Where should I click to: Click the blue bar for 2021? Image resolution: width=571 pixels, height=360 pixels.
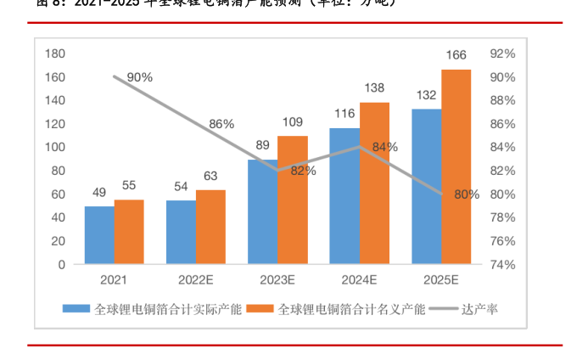[x=99, y=235]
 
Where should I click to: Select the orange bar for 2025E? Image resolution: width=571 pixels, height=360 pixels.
[x=456, y=166]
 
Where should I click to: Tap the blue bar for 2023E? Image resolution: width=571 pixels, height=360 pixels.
[x=263, y=212]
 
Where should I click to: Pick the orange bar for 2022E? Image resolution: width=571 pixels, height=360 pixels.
[x=210, y=227]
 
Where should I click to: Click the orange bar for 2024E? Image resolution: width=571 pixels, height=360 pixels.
[x=374, y=183]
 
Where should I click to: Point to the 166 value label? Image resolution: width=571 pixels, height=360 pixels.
[x=456, y=56]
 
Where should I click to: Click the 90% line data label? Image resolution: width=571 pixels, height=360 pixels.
[x=139, y=77]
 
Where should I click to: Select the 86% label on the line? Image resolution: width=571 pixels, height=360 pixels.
[x=221, y=124]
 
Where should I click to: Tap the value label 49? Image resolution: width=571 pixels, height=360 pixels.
[x=99, y=192]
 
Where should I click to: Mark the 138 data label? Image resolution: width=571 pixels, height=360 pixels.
[x=374, y=87]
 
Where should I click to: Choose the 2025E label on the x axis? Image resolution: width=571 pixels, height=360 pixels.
[x=440, y=279]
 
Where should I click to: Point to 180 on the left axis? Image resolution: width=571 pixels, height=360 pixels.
[x=54, y=53]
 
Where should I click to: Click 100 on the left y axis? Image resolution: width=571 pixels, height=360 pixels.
[x=54, y=147]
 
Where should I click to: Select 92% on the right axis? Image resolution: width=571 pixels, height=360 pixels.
[x=503, y=53]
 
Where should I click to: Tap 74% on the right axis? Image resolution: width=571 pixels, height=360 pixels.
[x=503, y=264]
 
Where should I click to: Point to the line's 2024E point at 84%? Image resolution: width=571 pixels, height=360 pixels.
[x=360, y=147]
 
